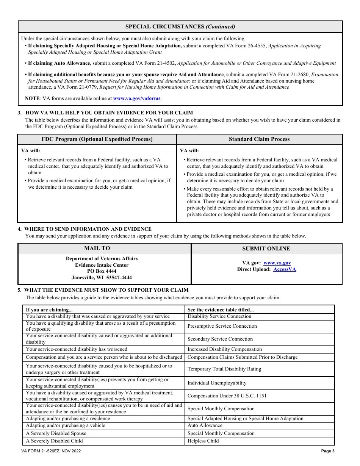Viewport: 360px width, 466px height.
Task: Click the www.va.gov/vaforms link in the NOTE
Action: coord(137,98)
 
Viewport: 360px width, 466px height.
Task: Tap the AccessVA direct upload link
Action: coord(285,269)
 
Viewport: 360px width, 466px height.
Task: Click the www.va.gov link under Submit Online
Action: coord(277,263)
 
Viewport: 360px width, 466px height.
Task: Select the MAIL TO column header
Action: coord(97,248)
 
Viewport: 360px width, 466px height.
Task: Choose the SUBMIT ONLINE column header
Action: coord(266,249)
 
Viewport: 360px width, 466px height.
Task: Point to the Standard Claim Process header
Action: coord(259,139)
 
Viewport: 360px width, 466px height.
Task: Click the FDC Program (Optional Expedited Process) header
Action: coord(97,139)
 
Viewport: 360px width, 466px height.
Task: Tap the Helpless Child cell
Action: coord(203,441)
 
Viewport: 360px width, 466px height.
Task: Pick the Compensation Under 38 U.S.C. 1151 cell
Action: coord(227,396)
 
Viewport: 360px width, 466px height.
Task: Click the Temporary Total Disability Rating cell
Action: coord(224,369)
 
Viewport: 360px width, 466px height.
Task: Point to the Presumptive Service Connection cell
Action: coord(222,326)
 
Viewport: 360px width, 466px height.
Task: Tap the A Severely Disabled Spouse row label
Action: coord(56,433)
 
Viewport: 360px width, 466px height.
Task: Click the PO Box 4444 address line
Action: coord(102,271)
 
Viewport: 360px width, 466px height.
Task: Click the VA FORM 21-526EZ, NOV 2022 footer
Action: coord(51,451)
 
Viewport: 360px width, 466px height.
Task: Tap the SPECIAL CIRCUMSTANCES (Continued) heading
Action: coord(180,27)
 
